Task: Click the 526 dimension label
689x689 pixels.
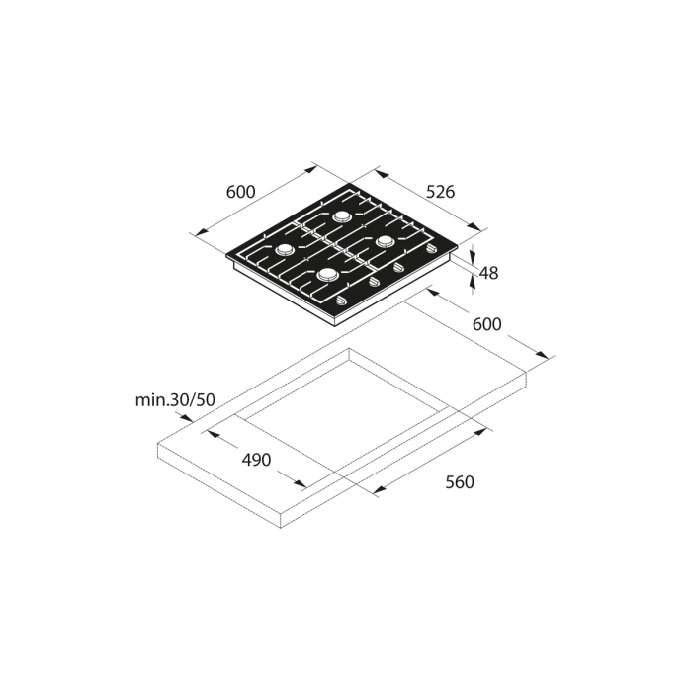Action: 441,192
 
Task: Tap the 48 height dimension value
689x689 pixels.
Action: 488,273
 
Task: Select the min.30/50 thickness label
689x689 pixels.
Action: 175,400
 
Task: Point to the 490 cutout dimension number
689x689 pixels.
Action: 256,460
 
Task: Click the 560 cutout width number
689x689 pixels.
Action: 460,482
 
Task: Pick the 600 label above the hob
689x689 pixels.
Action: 240,192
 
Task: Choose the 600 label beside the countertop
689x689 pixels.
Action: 487,324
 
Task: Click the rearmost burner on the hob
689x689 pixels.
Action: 341,216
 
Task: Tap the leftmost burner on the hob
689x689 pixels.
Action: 284,249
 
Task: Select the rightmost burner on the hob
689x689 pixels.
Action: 386,241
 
